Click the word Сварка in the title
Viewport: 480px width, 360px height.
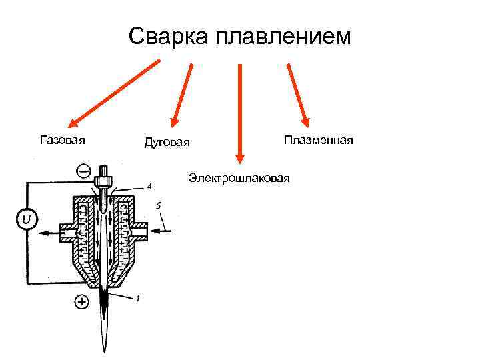pyautogui.click(x=167, y=37)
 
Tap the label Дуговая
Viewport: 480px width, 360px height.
pyautogui.click(x=167, y=142)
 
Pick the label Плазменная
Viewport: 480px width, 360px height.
pyautogui.click(x=318, y=140)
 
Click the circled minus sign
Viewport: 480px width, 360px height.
pyautogui.click(x=84, y=171)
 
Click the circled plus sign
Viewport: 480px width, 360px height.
pyautogui.click(x=81, y=302)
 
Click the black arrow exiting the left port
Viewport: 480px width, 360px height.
pyautogui.click(x=50, y=233)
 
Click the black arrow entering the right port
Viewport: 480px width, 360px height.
pyautogui.click(x=163, y=231)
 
